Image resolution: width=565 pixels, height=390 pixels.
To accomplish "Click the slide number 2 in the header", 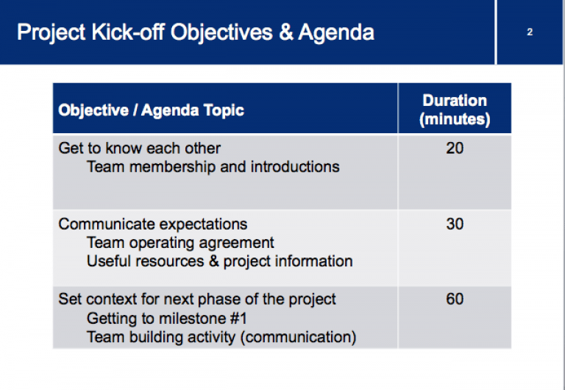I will click(x=530, y=32).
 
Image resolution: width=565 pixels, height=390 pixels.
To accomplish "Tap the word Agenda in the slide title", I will click(x=336, y=32).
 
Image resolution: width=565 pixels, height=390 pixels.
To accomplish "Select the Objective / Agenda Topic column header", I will click(x=151, y=110).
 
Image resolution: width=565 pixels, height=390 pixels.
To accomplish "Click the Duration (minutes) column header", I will click(x=455, y=110).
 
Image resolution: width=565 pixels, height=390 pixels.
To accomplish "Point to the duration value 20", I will click(x=455, y=148).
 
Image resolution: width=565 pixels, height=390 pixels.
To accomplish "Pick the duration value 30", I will click(x=455, y=224).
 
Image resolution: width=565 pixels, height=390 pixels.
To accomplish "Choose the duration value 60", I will click(x=455, y=299).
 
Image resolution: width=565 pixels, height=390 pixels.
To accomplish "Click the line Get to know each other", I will click(x=140, y=148).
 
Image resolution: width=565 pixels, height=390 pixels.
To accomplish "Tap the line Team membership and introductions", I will click(x=213, y=167).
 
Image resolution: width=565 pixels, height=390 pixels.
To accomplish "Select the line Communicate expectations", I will click(x=153, y=224).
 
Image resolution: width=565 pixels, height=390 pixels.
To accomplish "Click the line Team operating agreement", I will click(x=180, y=243).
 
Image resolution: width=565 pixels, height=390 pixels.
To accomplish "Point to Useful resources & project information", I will click(x=219, y=261).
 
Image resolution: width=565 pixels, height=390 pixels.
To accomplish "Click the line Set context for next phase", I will click(x=197, y=299).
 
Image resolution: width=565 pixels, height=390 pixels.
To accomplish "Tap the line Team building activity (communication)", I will click(x=221, y=338).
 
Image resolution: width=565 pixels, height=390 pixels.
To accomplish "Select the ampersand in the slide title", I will click(x=285, y=32).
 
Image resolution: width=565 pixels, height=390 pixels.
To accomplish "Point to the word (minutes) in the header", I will click(x=455, y=119).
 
